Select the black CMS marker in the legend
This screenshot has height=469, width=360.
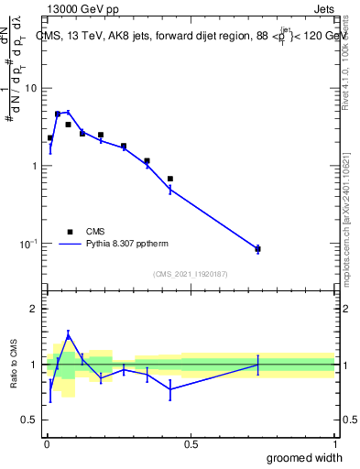(x=70, y=232)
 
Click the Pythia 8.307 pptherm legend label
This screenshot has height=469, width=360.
(x=130, y=245)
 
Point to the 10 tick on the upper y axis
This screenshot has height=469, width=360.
(x=31, y=88)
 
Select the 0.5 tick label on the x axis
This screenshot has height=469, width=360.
(x=191, y=443)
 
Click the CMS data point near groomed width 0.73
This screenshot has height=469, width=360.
(x=257, y=248)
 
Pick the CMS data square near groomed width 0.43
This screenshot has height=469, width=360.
(x=170, y=179)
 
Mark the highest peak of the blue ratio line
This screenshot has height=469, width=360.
(x=68, y=334)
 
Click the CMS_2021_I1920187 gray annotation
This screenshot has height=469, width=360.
(x=190, y=274)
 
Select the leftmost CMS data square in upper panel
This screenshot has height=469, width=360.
(x=50, y=137)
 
